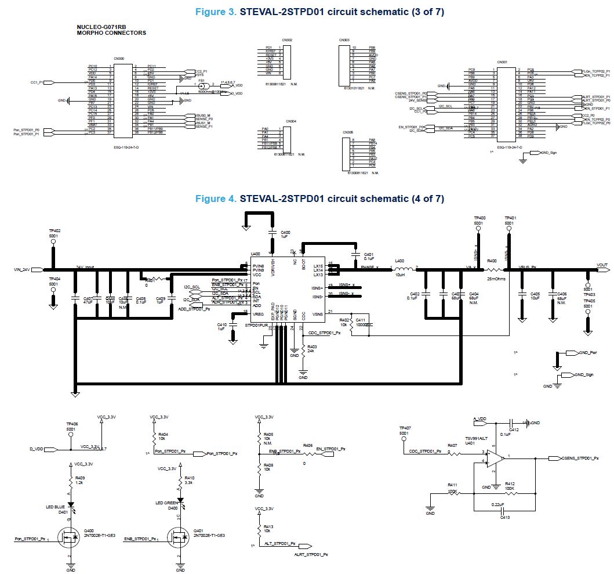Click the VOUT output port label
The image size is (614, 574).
click(602, 265)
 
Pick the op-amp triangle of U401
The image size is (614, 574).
click(495, 458)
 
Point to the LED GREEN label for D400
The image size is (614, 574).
click(167, 503)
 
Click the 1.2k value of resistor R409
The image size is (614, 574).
click(79, 482)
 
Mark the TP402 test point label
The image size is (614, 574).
click(55, 231)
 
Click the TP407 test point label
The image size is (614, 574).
click(404, 428)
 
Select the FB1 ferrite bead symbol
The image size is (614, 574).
click(202, 85)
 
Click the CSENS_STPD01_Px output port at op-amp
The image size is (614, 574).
click(583, 458)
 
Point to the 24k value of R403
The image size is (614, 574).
click(311, 352)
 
